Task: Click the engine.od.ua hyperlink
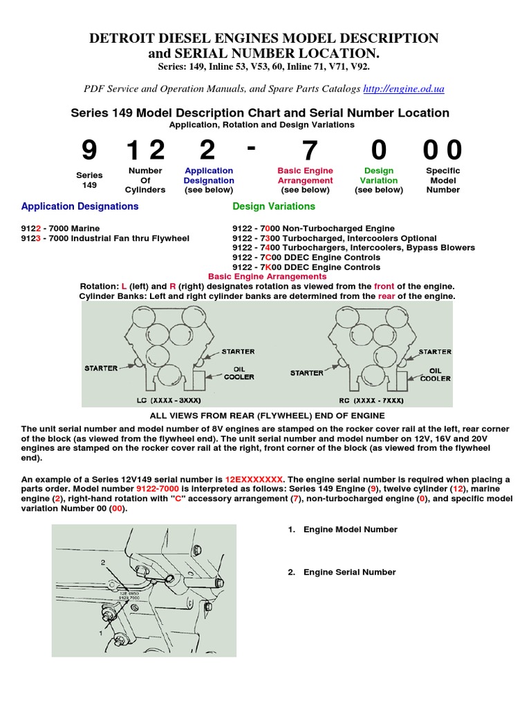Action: pyautogui.click(x=403, y=89)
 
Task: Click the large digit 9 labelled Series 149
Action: pyautogui.click(x=89, y=151)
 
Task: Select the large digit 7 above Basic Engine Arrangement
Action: pyautogui.click(x=309, y=151)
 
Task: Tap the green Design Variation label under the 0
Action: pyautogui.click(x=378, y=180)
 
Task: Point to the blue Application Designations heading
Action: pyautogui.click(x=80, y=206)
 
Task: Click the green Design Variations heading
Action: pyautogui.click(x=274, y=206)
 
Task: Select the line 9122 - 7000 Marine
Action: pyautogui.click(x=60, y=229)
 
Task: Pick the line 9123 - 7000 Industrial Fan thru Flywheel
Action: pyautogui.click(x=105, y=238)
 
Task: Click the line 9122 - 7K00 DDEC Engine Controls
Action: pyautogui.click(x=306, y=267)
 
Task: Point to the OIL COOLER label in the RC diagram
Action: pyautogui.click(x=436, y=374)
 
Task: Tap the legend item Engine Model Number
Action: pyautogui.click(x=350, y=530)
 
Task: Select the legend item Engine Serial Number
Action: pyautogui.click(x=349, y=572)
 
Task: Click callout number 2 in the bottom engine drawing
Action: pyautogui.click(x=102, y=563)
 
